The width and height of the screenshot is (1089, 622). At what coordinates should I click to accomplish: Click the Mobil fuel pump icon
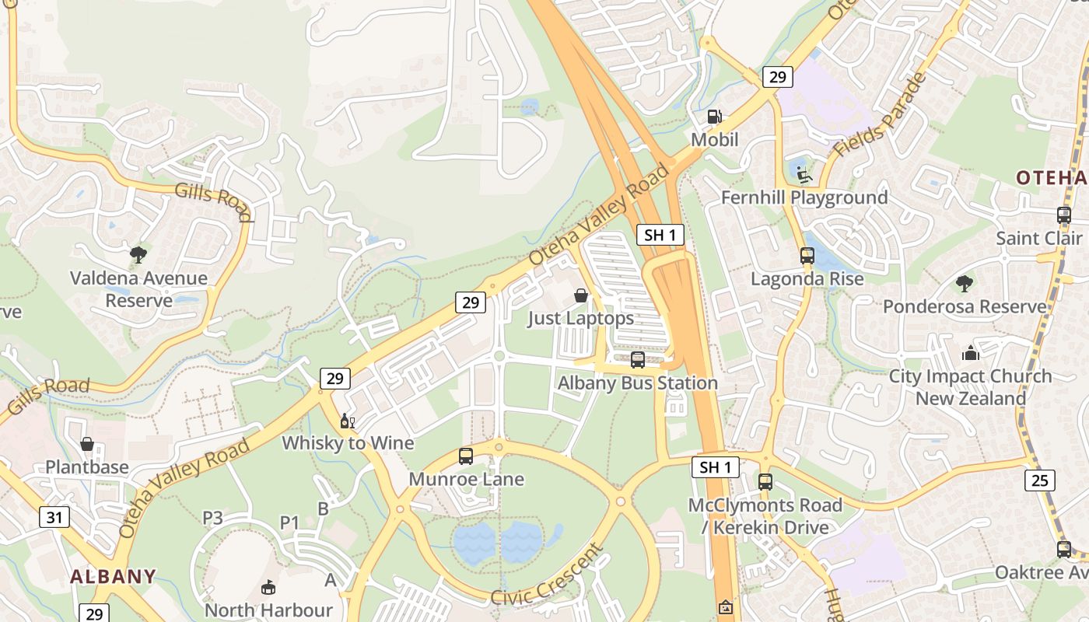tap(714, 117)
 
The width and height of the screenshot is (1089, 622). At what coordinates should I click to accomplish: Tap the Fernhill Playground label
tap(804, 197)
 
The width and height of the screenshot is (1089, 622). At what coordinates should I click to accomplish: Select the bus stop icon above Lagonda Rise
tap(807, 255)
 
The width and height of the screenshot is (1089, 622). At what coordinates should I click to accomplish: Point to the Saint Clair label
tap(1039, 238)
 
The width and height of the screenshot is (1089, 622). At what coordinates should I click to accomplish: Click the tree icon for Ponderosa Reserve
tap(965, 283)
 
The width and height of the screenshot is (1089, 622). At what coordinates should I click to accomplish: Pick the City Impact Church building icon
tap(970, 353)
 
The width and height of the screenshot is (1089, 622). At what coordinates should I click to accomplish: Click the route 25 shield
tap(1040, 480)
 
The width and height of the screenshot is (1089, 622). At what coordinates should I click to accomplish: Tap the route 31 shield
tap(54, 517)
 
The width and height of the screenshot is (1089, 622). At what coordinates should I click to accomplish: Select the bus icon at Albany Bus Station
tap(638, 359)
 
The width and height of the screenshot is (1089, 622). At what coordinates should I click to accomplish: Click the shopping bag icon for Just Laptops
tap(580, 295)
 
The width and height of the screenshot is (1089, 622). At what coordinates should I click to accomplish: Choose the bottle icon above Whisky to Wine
tap(347, 421)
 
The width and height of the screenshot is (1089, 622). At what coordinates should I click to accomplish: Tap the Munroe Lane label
tap(466, 479)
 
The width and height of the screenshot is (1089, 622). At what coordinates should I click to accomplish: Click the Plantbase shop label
tap(87, 467)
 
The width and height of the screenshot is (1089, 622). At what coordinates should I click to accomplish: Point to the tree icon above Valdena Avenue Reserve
tap(138, 254)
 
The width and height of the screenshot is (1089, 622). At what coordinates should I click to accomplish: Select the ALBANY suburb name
tap(113, 576)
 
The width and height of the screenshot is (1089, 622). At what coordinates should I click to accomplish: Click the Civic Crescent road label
tap(548, 576)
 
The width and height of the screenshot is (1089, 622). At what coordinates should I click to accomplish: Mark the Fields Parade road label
tap(880, 114)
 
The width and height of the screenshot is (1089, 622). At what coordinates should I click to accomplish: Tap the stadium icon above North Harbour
tap(268, 587)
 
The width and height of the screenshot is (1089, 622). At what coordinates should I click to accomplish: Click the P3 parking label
tap(212, 518)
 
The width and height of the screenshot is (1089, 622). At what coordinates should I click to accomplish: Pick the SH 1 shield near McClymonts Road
tap(716, 467)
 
